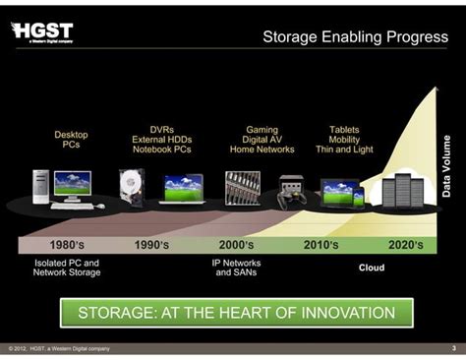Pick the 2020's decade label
point(405,244)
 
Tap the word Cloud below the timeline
point(371,267)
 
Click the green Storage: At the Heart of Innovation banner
point(236,314)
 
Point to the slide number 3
point(453,348)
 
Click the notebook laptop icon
point(182,188)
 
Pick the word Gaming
point(262,129)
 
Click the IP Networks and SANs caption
point(236,269)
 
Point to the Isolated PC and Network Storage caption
point(66,269)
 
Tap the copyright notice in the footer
point(59,348)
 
